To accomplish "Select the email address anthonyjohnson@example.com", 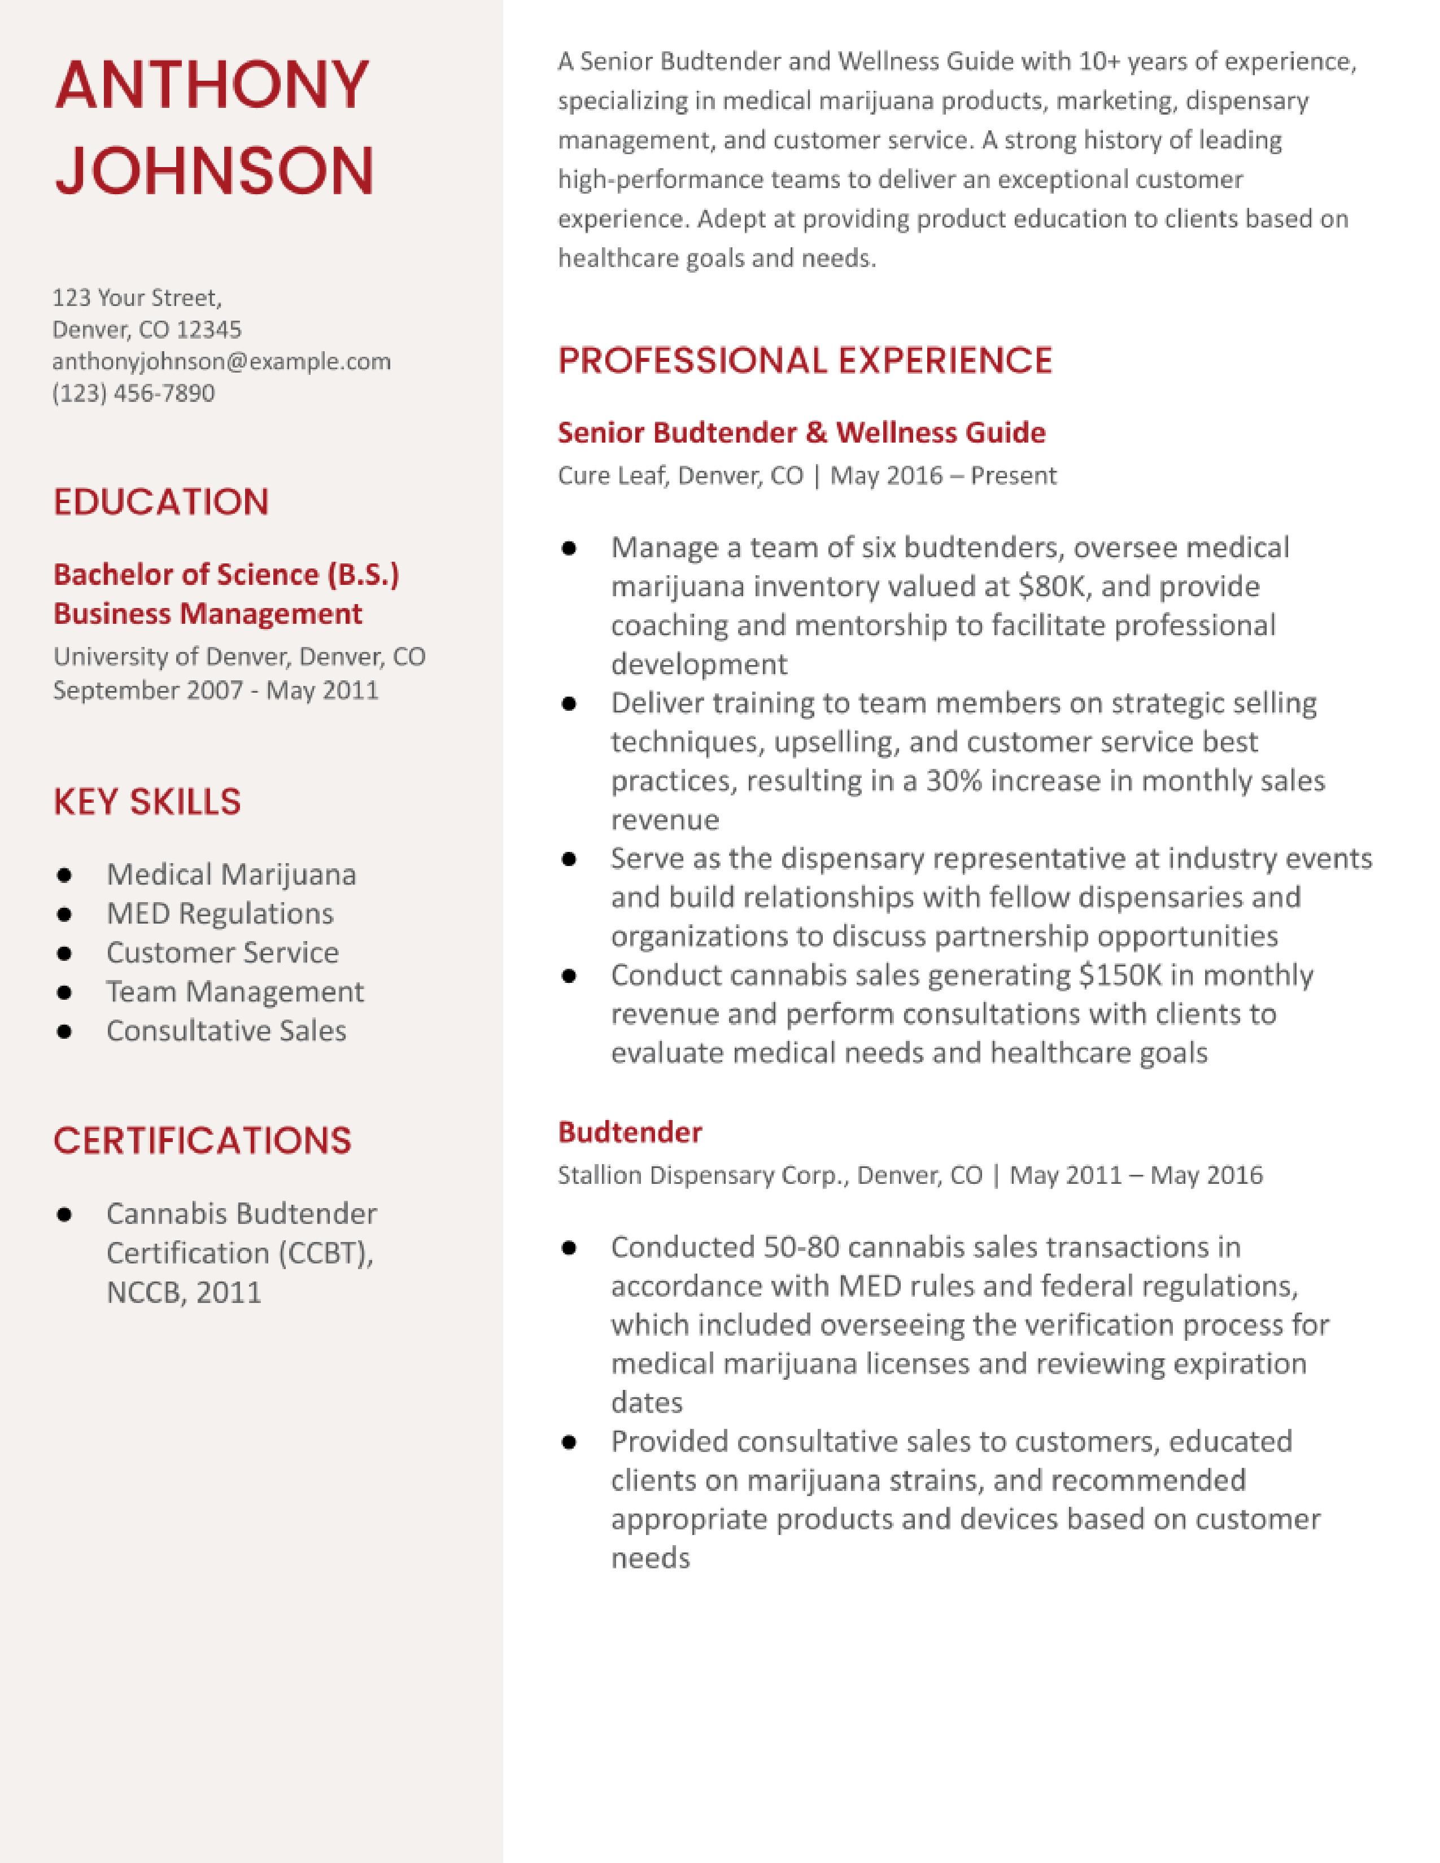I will (221, 362).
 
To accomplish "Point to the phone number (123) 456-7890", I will (133, 393).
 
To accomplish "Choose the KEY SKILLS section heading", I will (147, 802).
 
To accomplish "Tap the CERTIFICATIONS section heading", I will (202, 1140).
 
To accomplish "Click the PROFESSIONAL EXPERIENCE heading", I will (805, 360).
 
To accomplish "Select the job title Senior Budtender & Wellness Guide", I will (801, 432).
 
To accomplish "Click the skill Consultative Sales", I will (226, 1030).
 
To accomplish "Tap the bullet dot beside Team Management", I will (64, 992).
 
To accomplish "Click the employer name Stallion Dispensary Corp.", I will (703, 1175).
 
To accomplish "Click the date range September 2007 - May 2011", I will (215, 690).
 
